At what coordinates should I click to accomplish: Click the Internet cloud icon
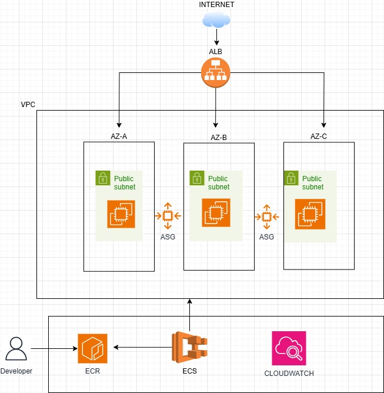[216, 21]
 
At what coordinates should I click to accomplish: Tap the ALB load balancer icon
[216, 73]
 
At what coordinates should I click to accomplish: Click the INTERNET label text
[216, 5]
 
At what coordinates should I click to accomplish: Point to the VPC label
[28, 104]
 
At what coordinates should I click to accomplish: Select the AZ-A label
[119, 136]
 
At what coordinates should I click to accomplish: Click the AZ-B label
[219, 137]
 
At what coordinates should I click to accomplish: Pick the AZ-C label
[319, 136]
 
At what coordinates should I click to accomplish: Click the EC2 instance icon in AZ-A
[122, 214]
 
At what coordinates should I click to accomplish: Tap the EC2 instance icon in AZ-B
[216, 213]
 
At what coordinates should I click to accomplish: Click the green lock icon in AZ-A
[103, 178]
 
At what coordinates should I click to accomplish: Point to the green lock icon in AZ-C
[290, 178]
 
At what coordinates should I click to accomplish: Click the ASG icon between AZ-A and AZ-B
[168, 217]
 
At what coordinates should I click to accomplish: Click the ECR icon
[92, 348]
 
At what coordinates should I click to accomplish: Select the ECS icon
[189, 348]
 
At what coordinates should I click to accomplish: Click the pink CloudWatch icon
[289, 348]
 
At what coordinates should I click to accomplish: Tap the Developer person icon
[16, 349]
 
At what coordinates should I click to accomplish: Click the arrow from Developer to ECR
[53, 349]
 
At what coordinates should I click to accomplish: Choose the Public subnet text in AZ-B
[218, 183]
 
